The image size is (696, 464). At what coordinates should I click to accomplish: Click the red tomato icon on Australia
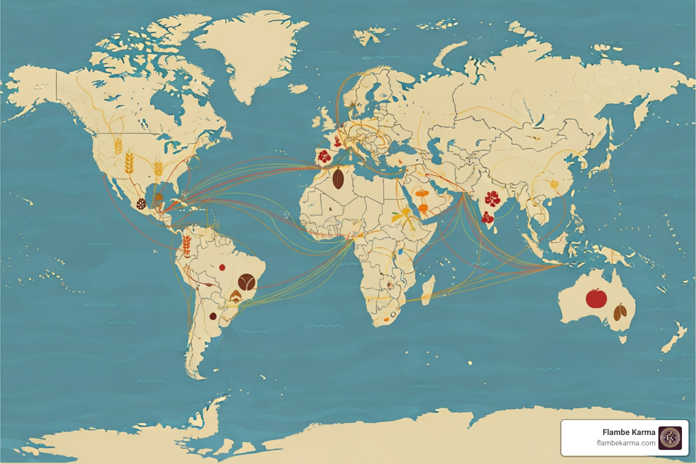pyautogui.click(x=596, y=299)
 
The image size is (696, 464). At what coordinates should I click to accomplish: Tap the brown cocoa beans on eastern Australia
pyautogui.click(x=620, y=311)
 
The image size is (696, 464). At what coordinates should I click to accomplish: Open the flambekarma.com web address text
pyautogui.click(x=626, y=443)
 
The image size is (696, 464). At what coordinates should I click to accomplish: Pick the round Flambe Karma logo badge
pyautogui.click(x=670, y=438)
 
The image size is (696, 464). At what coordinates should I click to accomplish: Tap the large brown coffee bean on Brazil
pyautogui.click(x=246, y=282)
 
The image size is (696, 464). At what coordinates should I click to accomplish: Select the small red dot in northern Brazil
pyautogui.click(x=222, y=267)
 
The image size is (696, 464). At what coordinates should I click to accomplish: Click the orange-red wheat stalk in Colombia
pyautogui.click(x=186, y=244)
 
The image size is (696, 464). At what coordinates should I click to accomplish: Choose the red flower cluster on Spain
pyautogui.click(x=324, y=156)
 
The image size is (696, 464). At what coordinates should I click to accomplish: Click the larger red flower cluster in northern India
pyautogui.click(x=492, y=198)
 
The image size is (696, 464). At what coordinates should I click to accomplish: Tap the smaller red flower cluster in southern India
pyautogui.click(x=488, y=218)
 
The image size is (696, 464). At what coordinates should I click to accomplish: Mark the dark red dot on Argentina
pyautogui.click(x=213, y=316)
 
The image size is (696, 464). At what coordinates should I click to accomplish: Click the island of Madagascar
pyautogui.click(x=427, y=290)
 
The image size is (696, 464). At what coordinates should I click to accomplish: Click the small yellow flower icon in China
pyautogui.click(x=554, y=184)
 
